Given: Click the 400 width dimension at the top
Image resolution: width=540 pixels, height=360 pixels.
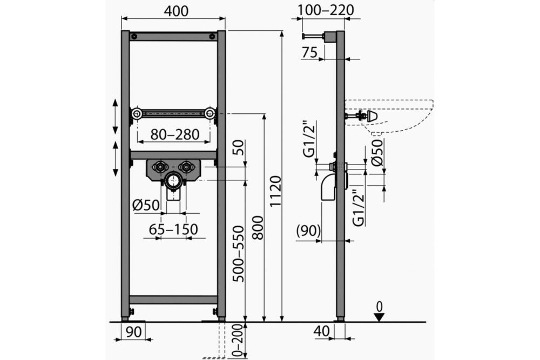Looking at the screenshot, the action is click(176, 11).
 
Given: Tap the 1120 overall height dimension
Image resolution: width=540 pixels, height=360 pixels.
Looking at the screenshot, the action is click(275, 191).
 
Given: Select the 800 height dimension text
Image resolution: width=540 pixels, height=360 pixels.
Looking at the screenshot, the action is click(257, 227).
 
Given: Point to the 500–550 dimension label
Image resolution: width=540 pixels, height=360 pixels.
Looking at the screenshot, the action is click(238, 254).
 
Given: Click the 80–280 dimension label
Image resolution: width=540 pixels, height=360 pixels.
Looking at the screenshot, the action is click(175, 134).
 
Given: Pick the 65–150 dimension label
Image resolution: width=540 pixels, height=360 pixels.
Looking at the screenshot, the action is click(173, 229).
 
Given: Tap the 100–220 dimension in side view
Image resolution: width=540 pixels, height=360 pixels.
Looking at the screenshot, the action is click(326, 10).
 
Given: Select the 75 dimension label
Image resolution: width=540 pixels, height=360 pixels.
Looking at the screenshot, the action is click(309, 52).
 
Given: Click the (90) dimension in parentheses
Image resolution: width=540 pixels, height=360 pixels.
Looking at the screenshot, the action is click(308, 230).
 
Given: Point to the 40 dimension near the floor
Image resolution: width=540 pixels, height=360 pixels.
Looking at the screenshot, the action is click(322, 331).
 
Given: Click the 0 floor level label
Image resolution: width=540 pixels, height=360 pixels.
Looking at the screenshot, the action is click(379, 307).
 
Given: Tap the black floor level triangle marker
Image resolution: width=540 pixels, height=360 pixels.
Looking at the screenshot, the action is click(379, 317).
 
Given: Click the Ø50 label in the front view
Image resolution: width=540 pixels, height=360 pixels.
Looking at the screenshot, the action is click(146, 206).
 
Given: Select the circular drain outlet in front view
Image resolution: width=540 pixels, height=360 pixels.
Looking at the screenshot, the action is click(173, 180).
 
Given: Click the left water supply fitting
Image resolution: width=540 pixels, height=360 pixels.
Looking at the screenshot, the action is click(160, 167).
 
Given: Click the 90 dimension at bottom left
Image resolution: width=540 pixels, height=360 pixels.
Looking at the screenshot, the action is click(133, 332).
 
